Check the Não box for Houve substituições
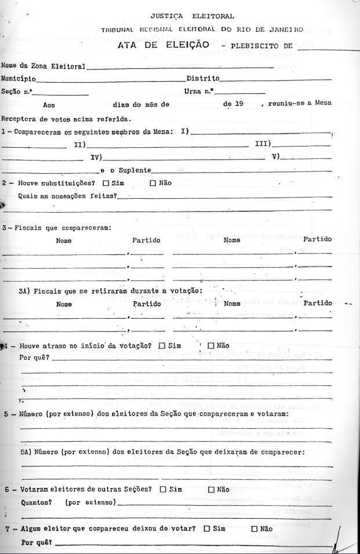click(153, 184)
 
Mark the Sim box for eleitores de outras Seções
click(163, 490)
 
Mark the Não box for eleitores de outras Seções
click(211, 490)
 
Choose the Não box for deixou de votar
click(254, 529)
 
